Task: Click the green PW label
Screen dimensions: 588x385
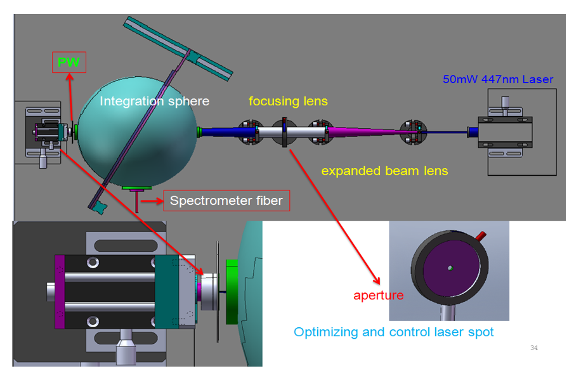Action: tap(69, 62)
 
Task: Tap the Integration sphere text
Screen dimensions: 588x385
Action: tap(155, 101)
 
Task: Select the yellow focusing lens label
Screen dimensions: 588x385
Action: tap(288, 101)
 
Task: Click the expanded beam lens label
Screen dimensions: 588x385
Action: tap(384, 171)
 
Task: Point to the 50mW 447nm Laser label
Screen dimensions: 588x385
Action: tap(498, 79)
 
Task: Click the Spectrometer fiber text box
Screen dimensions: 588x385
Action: tap(226, 200)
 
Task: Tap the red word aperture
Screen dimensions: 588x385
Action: tap(379, 296)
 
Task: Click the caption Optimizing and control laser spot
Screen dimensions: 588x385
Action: tap(394, 332)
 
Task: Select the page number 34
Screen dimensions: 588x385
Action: tap(534, 348)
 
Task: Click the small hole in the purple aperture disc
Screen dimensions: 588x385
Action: tap(450, 268)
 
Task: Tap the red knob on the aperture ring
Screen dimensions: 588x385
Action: tap(481, 236)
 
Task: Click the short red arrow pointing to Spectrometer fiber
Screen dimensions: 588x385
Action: tap(152, 201)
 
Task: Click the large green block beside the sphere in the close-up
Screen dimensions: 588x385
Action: tap(232, 292)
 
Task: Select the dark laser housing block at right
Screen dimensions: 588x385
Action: tap(505, 133)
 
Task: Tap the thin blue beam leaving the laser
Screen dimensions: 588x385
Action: tap(445, 132)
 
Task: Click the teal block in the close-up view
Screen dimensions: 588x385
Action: tap(167, 292)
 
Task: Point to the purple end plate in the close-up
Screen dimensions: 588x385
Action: tap(60, 292)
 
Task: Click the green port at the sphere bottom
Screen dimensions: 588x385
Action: tap(137, 188)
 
